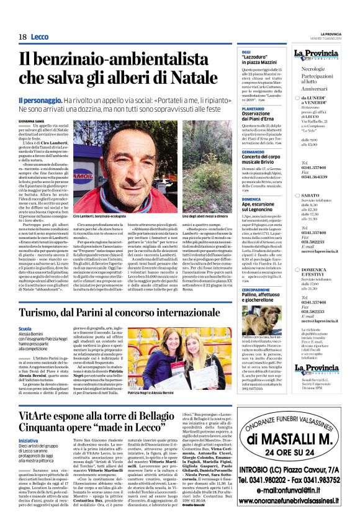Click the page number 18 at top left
point(22,37)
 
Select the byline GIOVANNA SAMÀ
point(31,120)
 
